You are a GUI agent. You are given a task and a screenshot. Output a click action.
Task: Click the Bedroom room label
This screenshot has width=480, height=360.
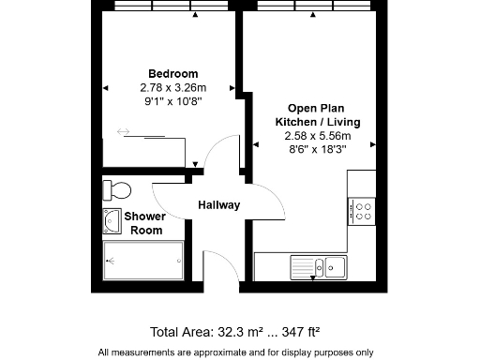(173, 74)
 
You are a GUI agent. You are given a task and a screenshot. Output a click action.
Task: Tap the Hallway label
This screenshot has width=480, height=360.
(218, 205)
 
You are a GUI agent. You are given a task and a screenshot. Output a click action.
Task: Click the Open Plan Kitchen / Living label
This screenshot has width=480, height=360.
(317, 115)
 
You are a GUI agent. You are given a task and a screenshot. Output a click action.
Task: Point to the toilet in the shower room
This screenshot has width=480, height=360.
(117, 191)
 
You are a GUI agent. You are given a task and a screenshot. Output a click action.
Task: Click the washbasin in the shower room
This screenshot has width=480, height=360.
(112, 221)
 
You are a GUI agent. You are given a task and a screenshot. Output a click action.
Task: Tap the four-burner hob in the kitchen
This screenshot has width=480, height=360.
(361, 211)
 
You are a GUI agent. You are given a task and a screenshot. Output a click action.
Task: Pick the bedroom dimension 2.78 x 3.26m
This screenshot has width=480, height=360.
(173, 87)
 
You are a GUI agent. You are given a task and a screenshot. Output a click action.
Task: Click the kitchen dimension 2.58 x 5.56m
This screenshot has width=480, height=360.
(317, 136)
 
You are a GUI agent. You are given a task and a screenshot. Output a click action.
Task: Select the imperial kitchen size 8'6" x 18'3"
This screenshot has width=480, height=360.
(317, 149)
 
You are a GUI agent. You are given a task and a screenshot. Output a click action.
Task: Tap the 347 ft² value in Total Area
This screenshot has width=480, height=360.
(299, 332)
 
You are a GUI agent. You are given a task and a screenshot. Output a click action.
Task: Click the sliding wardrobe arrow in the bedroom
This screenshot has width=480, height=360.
(124, 132)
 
